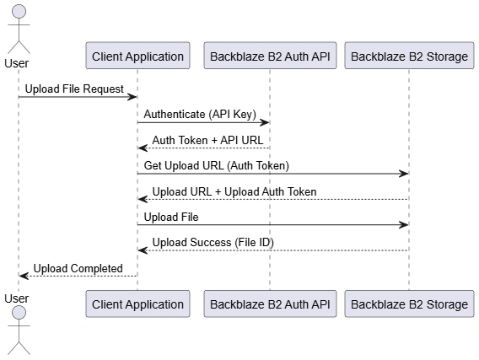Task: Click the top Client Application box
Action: click(137, 56)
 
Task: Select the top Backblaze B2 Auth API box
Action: click(270, 56)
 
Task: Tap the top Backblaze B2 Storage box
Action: click(409, 56)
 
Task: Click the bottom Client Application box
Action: click(137, 304)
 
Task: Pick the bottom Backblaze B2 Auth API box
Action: click(270, 304)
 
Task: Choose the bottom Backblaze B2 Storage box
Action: click(409, 304)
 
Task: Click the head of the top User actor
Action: click(19, 12)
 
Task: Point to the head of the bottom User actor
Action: click(19, 313)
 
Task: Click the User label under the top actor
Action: click(17, 63)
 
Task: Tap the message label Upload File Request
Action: click(74, 89)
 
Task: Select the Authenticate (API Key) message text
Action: click(200, 114)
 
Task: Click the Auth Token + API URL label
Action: click(207, 140)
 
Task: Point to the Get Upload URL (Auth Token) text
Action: click(216, 165)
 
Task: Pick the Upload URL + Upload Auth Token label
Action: click(234, 191)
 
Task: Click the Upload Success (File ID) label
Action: click(213, 243)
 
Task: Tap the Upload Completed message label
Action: click(78, 268)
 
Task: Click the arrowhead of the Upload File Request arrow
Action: click(132, 97)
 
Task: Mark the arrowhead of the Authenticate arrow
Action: click(264, 123)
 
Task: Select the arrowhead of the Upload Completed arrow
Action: click(24, 276)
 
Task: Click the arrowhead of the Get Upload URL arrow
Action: click(404, 174)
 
